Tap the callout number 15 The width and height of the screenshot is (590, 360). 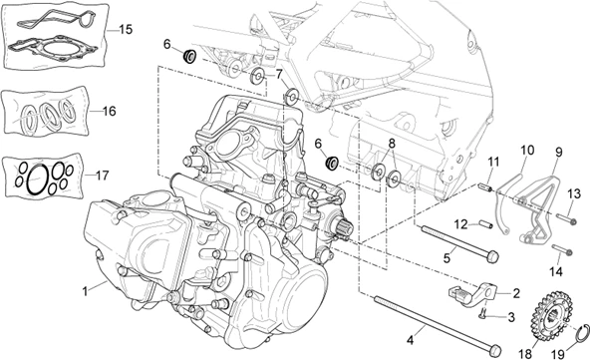click(x=125, y=30)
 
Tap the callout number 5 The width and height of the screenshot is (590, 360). click(x=447, y=257)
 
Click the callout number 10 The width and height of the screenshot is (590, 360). click(x=526, y=151)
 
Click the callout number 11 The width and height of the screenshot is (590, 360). click(x=492, y=161)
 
